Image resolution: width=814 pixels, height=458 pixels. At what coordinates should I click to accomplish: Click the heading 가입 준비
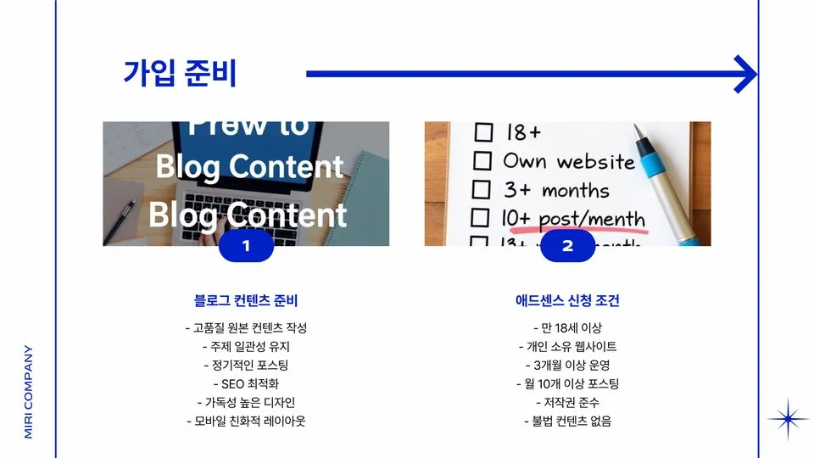(180, 74)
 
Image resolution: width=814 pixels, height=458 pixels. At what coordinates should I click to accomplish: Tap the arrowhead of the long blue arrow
(746, 74)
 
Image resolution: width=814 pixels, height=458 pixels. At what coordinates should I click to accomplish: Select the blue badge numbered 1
(246, 246)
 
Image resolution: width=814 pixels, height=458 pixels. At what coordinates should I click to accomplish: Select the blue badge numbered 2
(567, 246)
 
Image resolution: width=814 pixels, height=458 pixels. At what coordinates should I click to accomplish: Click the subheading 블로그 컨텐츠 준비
(246, 301)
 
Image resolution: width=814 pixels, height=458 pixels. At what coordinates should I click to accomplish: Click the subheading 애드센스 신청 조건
(567, 301)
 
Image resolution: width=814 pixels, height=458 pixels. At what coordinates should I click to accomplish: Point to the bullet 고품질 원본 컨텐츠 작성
(246, 328)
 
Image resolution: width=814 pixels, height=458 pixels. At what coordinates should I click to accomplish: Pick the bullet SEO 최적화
(246, 384)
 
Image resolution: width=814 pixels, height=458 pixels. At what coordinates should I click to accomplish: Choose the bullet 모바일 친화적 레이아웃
(246, 422)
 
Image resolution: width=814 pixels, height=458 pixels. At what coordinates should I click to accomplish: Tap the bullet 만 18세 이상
(567, 328)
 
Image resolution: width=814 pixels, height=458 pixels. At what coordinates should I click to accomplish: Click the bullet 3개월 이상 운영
(567, 366)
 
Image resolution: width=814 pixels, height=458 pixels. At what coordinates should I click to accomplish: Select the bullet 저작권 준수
(567, 403)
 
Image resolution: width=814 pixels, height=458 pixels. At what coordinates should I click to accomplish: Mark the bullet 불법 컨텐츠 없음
(567, 422)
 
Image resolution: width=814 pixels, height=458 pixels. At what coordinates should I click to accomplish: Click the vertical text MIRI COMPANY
(28, 391)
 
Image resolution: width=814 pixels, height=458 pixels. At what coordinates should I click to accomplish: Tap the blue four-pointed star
(789, 420)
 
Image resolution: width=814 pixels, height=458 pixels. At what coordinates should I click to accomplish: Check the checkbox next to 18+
(482, 133)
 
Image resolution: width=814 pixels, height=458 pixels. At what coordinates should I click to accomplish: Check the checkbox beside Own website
(482, 160)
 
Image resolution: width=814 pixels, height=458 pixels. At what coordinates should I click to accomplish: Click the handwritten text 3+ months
(556, 189)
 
